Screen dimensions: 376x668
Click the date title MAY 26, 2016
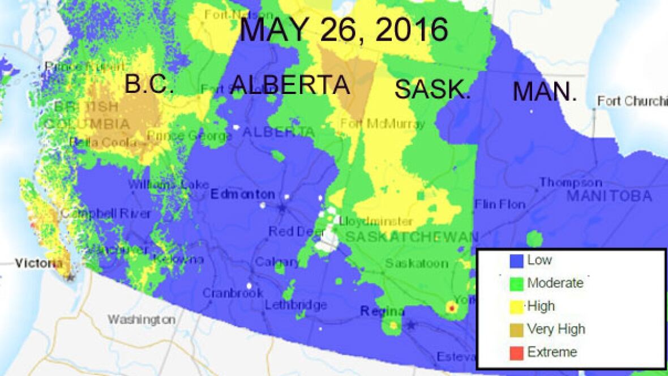344,29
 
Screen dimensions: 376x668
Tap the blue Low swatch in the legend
515,260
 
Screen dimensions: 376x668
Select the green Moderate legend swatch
515,283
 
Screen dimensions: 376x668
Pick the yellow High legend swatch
515,306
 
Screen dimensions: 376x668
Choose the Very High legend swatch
515,329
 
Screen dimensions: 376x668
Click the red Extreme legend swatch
515,352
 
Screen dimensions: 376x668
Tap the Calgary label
277,262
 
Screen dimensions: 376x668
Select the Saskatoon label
416,263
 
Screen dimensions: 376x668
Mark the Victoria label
38,263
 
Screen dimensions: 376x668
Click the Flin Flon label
500,204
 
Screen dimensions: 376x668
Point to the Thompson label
570,182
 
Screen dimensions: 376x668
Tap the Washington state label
142,319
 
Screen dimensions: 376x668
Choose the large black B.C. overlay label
149,84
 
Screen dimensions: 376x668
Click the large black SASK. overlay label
432,89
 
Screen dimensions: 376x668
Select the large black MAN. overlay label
545,92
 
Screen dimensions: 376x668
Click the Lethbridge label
296,305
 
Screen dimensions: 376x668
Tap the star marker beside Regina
411,326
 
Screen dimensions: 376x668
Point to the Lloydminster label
376,221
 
